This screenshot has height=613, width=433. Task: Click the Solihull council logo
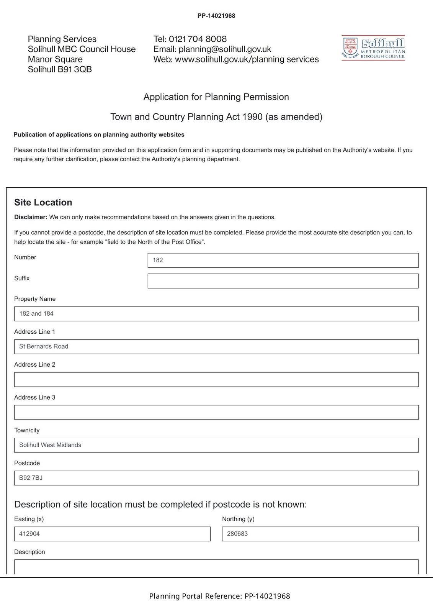pyautogui.click(x=373, y=48)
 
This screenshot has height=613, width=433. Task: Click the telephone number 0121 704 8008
pyautogui.click(x=198, y=39)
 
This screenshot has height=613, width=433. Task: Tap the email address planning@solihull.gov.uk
pyautogui.click(x=225, y=49)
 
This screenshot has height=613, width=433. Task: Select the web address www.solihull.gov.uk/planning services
pyautogui.click(x=247, y=59)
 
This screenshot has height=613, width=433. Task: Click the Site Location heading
pyautogui.click(x=43, y=202)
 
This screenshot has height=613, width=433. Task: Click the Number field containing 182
pyautogui.click(x=283, y=260)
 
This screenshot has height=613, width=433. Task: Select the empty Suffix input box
pyautogui.click(x=283, y=281)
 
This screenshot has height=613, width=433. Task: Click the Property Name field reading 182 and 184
pyautogui.click(x=216, y=314)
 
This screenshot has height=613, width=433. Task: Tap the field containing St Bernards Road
pyautogui.click(x=216, y=347)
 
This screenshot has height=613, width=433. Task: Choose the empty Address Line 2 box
pyautogui.click(x=216, y=380)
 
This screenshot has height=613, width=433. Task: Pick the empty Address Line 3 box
pyautogui.click(x=216, y=413)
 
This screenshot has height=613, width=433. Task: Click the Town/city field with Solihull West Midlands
pyautogui.click(x=216, y=445)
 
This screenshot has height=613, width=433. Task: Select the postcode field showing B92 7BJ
pyautogui.click(x=216, y=478)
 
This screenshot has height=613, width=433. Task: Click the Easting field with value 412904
pyautogui.click(x=112, y=534)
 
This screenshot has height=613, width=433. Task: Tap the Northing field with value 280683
pyautogui.click(x=320, y=534)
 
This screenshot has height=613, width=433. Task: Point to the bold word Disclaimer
pyautogui.click(x=31, y=217)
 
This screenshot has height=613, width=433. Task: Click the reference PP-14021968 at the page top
pyautogui.click(x=216, y=16)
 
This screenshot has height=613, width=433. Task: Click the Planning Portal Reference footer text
pyautogui.click(x=219, y=596)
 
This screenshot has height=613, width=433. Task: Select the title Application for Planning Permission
pyautogui.click(x=216, y=97)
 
